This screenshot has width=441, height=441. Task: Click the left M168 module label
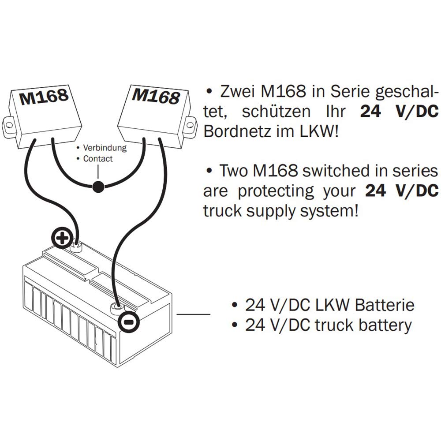point(44,97)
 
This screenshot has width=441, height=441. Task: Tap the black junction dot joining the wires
point(98,187)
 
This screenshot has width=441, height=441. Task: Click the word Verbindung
point(105,148)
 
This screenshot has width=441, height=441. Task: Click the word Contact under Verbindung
point(97,159)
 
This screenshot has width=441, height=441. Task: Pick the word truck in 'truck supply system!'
point(223,211)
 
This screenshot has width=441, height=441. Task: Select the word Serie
point(353,92)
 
